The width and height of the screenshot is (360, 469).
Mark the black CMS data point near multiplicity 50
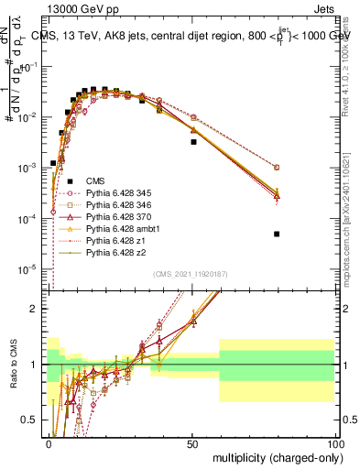[193, 142]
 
